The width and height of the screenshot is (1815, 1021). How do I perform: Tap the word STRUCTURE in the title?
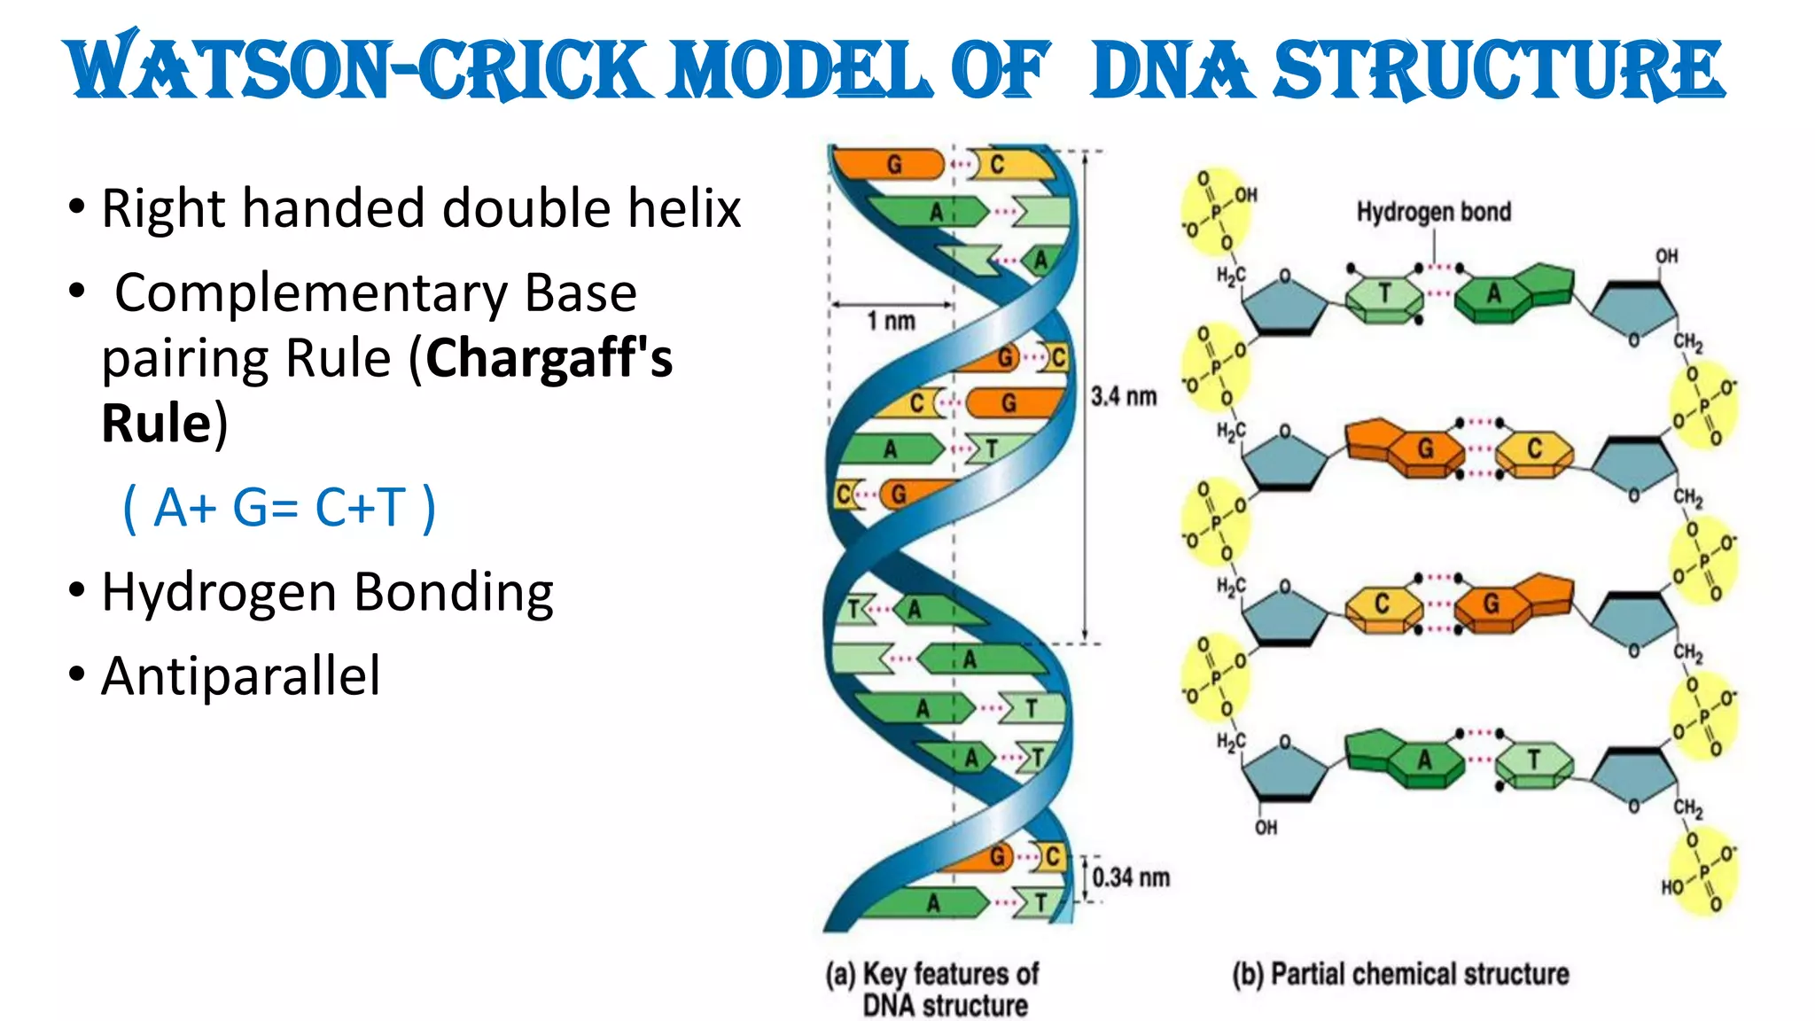(x=1498, y=69)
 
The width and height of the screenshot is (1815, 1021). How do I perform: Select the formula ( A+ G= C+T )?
(x=279, y=508)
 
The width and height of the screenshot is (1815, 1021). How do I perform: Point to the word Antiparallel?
(x=241, y=676)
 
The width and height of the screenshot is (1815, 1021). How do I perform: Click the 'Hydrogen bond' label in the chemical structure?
(x=1433, y=212)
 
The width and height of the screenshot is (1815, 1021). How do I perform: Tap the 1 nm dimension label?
(x=891, y=321)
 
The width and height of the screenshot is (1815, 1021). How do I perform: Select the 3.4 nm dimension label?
(x=1123, y=396)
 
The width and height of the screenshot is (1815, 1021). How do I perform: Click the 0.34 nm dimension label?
(x=1130, y=877)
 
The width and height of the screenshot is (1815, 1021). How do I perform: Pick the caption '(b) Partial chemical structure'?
(x=1400, y=974)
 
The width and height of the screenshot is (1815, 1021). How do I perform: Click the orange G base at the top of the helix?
(x=891, y=164)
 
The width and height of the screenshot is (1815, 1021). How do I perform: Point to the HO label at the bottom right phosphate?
(x=1671, y=887)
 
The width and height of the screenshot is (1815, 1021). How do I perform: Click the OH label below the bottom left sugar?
(x=1266, y=827)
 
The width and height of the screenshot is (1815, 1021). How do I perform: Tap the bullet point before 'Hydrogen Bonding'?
(x=77, y=589)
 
